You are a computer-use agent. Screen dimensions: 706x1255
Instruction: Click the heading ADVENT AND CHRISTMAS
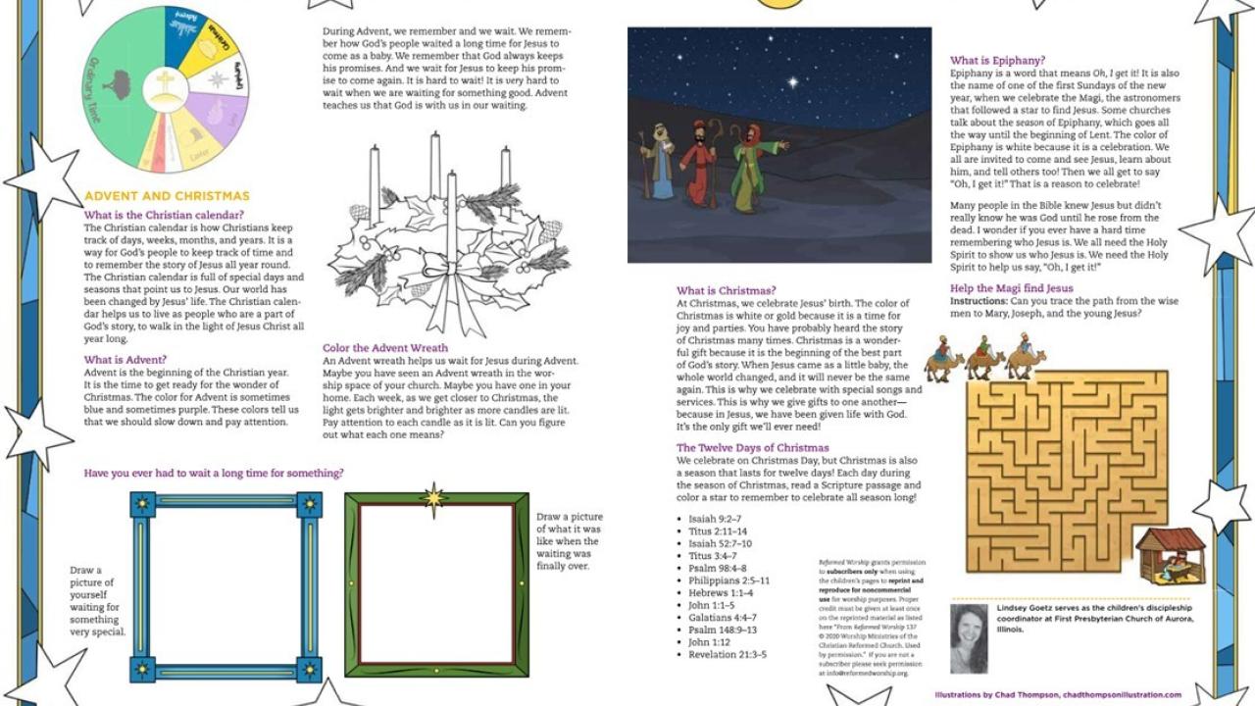(167, 196)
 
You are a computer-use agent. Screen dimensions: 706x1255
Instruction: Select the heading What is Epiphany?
(997, 61)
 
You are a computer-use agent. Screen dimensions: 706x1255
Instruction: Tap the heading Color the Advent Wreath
(385, 348)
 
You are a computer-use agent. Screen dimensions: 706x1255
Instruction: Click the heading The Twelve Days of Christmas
(752, 448)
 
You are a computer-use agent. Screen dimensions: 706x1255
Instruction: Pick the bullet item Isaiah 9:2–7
(715, 520)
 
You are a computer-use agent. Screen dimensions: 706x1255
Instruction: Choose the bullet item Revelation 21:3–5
(728, 655)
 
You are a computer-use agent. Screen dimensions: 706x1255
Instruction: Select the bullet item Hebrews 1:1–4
(721, 593)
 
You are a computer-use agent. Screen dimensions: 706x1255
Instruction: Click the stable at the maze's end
(1170, 555)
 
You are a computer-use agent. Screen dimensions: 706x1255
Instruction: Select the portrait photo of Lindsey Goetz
(969, 637)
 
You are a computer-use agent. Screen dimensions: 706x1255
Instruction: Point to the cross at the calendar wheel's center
(166, 83)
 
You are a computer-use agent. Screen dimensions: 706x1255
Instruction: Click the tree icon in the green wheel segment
(118, 83)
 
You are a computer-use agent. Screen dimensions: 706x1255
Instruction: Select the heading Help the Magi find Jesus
(1011, 288)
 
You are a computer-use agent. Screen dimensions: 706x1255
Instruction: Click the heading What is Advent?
(125, 360)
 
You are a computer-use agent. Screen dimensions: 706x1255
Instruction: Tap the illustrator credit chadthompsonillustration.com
(1122, 695)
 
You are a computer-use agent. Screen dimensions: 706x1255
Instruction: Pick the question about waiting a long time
(214, 473)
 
